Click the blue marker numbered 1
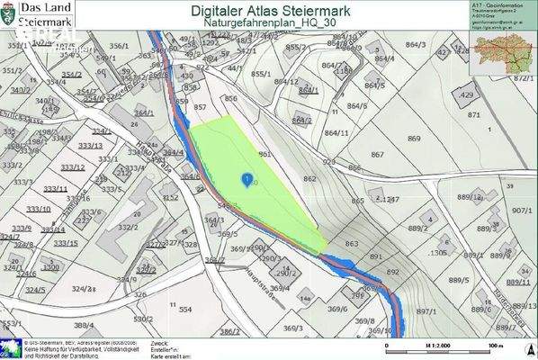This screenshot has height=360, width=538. [247, 180]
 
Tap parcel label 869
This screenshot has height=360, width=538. [414, 139]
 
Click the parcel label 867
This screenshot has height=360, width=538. [378, 156]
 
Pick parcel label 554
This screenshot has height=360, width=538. [185, 309]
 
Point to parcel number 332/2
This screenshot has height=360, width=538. [129, 227]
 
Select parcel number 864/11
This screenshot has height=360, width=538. [336, 133]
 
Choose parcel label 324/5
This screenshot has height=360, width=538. [36, 290]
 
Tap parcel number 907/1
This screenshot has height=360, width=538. [523, 210]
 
